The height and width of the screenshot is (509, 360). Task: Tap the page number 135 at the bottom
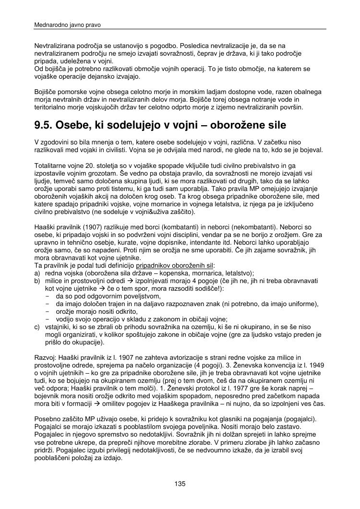180,484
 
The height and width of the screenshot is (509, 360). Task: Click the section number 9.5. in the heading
44,126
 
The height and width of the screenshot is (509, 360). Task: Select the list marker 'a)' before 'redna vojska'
37,272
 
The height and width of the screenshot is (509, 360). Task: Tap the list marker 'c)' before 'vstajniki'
37,327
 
